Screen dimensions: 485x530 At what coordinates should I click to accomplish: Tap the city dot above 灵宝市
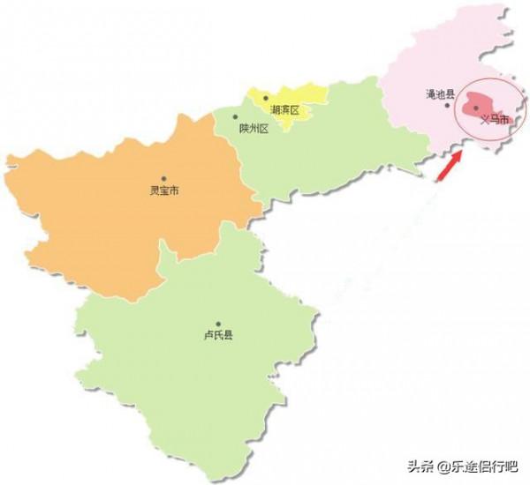click(x=163, y=178)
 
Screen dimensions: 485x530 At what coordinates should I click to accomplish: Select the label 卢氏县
click(x=217, y=335)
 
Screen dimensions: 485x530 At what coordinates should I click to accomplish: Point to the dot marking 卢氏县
click(x=217, y=324)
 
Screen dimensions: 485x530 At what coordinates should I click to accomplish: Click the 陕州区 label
click(x=253, y=128)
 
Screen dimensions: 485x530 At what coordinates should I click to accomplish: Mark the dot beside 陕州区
click(x=235, y=117)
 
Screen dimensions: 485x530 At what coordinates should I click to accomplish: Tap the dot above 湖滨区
click(x=265, y=98)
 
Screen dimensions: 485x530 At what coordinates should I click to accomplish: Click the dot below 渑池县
click(x=447, y=105)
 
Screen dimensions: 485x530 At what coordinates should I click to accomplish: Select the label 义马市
click(x=495, y=119)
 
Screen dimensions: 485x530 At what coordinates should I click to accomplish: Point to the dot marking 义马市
click(x=476, y=108)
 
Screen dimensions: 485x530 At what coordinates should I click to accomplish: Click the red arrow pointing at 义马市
click(x=450, y=165)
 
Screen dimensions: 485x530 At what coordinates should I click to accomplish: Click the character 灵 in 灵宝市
click(x=154, y=190)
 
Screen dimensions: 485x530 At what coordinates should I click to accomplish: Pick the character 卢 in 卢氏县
click(x=207, y=335)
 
